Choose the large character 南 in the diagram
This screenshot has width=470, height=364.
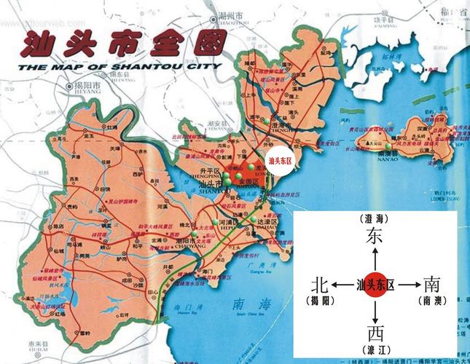coord(431,284)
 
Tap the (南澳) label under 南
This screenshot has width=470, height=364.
coord(431,300)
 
